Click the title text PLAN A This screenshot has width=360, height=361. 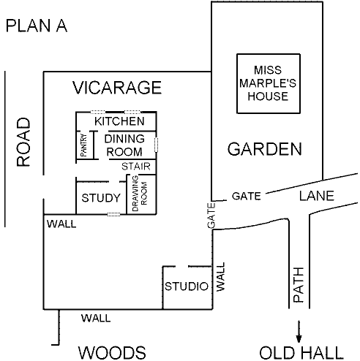click(x=37, y=26)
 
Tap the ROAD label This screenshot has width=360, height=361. click(x=23, y=142)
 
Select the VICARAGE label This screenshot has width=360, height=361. click(x=117, y=88)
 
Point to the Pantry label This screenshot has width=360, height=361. click(x=83, y=145)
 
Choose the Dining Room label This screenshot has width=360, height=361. click(x=124, y=145)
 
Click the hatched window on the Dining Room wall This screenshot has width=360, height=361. click(x=156, y=145)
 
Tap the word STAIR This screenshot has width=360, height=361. click(x=136, y=167)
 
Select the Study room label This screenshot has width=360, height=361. click(x=101, y=198)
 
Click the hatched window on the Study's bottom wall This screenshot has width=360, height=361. click(x=113, y=214)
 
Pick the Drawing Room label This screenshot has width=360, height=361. click(x=140, y=194)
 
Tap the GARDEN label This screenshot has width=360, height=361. click(x=265, y=149)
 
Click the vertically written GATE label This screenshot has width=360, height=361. click(x=211, y=216)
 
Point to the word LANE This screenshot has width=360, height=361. click(x=317, y=196)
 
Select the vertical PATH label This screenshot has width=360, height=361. click(x=299, y=285)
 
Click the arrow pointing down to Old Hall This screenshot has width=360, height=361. click(x=299, y=332)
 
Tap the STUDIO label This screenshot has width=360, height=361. click(x=187, y=286)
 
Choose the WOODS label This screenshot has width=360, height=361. click(x=112, y=352)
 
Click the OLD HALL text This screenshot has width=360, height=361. click(x=301, y=352)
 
